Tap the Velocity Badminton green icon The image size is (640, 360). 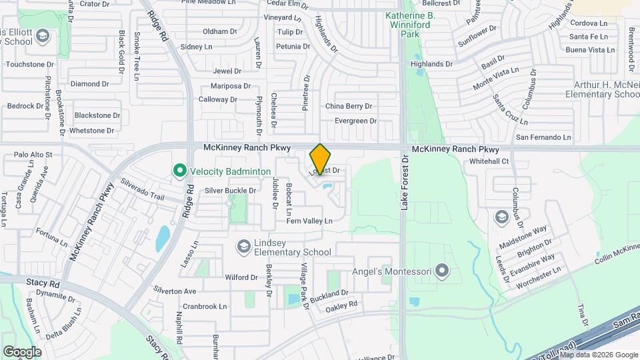click(x=179, y=171)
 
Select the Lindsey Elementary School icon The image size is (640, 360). click(x=243, y=247)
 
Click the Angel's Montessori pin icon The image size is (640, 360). click(x=441, y=271)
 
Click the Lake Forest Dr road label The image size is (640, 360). click(x=403, y=184)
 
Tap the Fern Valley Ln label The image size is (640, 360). click(x=309, y=221)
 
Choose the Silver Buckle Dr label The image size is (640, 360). click(x=230, y=191)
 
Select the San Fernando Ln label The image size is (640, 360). click(x=544, y=137)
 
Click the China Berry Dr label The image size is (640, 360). click(x=348, y=106)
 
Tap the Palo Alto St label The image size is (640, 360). click(x=33, y=155)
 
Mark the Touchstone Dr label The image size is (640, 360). click(x=29, y=65)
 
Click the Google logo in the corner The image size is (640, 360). click(x=22, y=351)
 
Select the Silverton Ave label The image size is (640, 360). click(x=175, y=291)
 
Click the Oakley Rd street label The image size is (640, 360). click(x=341, y=305)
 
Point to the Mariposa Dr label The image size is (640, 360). click(x=230, y=86)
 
